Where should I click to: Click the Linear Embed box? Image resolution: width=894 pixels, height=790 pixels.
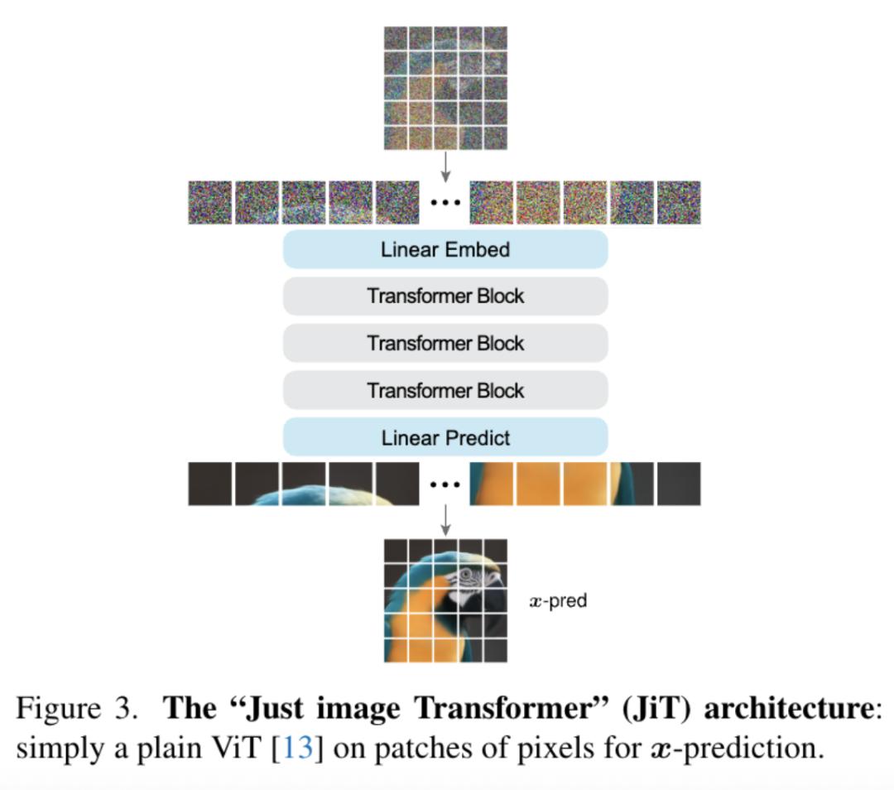[445, 249]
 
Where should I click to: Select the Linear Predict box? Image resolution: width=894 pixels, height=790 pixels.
[445, 437]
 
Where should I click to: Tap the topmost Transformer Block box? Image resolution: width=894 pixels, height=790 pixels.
[445, 296]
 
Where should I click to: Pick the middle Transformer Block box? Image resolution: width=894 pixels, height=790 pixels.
[445, 343]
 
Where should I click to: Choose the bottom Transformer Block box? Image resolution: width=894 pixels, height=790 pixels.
[445, 390]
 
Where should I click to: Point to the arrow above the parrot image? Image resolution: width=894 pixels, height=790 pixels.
[446, 521]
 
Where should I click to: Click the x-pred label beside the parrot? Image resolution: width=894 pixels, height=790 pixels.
[558, 601]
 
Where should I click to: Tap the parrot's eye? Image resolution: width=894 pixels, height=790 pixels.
[467, 574]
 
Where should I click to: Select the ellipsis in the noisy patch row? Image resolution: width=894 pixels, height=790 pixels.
[445, 203]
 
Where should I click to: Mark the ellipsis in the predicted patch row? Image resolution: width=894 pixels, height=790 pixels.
[445, 484]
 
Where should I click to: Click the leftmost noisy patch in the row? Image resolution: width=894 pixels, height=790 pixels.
[209, 203]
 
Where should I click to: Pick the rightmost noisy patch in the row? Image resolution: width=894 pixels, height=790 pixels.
[679, 203]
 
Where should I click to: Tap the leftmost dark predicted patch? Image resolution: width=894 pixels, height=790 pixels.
[209, 484]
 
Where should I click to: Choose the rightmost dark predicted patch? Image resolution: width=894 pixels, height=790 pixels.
[679, 484]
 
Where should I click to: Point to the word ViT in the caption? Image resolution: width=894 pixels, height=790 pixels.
[240, 749]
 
